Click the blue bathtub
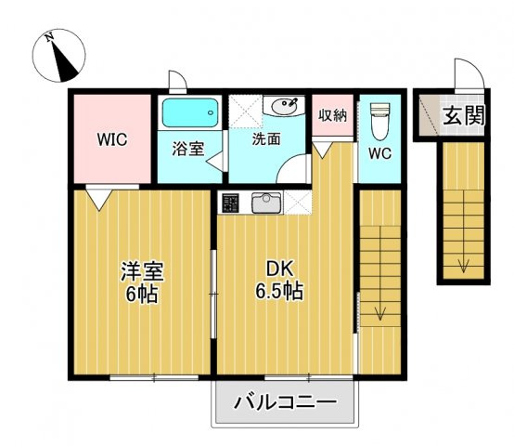pyautogui.click(x=189, y=114)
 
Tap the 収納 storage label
pyautogui.click(x=332, y=115)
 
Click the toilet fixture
pyautogui.click(x=379, y=121)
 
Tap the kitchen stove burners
pyautogui.click(x=231, y=201)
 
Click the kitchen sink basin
pyautogui.click(x=267, y=201)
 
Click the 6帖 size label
pyautogui.click(x=142, y=295)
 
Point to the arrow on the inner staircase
pyautogui.click(x=379, y=311)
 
